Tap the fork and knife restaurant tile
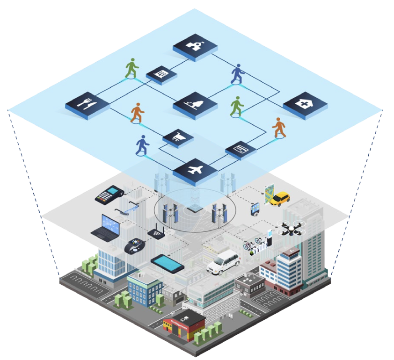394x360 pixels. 88,104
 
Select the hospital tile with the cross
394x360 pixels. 305,104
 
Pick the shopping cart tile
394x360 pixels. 178,137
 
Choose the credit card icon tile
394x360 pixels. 241,149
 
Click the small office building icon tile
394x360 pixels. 161,74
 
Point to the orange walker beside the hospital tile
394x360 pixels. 279,128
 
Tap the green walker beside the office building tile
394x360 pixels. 132,69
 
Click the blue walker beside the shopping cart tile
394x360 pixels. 142,145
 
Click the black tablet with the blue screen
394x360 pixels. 167,264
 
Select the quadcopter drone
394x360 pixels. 290,229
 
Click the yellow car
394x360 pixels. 280,198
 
